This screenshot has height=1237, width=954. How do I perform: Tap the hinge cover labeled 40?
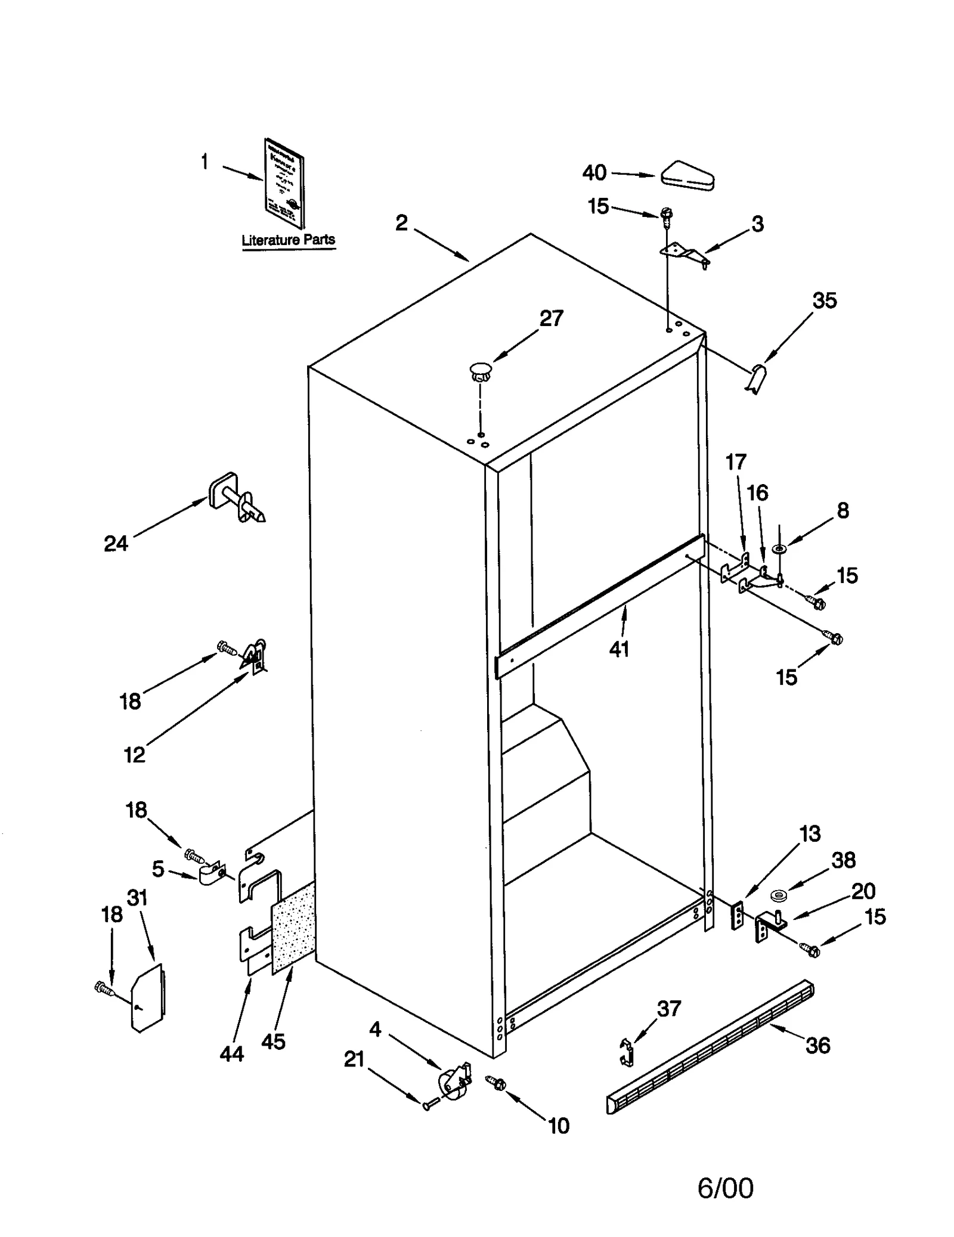687,176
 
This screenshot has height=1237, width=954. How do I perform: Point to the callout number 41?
619,649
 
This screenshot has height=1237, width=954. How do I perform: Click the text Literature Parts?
288,240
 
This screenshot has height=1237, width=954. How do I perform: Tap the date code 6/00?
725,1171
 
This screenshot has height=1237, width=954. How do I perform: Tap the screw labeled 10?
496,1083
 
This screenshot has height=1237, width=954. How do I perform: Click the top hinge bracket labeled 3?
684,253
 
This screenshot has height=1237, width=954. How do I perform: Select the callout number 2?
402,223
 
